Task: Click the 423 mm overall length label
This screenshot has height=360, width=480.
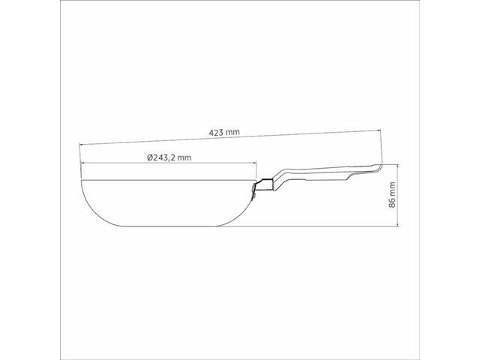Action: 224,132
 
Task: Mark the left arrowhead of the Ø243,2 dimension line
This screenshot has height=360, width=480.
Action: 82,164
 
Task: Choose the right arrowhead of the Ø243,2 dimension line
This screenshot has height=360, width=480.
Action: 258,164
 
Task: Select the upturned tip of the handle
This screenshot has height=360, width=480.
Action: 375,166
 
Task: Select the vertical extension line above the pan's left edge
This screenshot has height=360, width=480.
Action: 80,161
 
